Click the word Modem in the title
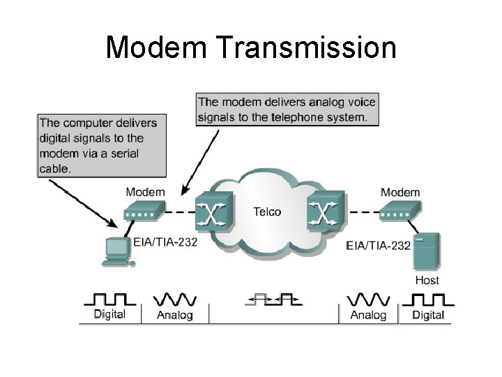pyautogui.click(x=157, y=47)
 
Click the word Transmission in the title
pyautogui.click(x=306, y=47)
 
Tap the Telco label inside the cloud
pyautogui.click(x=267, y=212)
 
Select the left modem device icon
pyautogui.click(x=144, y=210)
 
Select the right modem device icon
pyautogui.click(x=400, y=210)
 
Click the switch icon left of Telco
pyautogui.click(x=214, y=211)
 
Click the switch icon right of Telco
pyautogui.click(x=326, y=211)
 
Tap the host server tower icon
pyautogui.click(x=426, y=251)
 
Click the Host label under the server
pyautogui.click(x=427, y=280)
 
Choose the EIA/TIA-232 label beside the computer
pyautogui.click(x=165, y=242)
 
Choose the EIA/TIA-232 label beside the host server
pyautogui.click(x=378, y=246)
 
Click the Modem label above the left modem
pyautogui.click(x=145, y=192)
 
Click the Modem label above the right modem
pyautogui.click(x=400, y=193)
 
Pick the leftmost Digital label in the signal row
pyautogui.click(x=109, y=314)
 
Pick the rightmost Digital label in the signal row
pyautogui.click(x=428, y=315)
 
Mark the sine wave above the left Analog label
pyautogui.click(x=175, y=300)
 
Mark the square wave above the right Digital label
pyautogui.click(x=428, y=300)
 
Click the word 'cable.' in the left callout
pyautogui.click(x=54, y=169)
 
